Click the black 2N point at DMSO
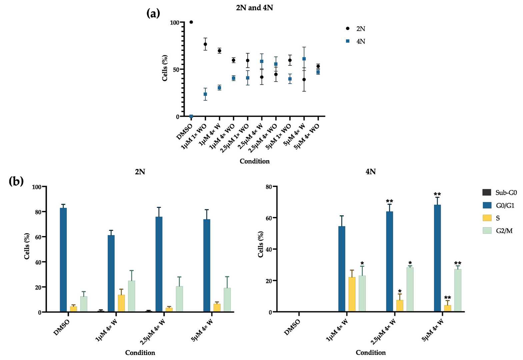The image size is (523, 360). click(191, 22)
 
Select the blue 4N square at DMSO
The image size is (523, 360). click(191, 116)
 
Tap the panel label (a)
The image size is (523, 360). click(153, 13)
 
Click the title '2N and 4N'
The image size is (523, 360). click(254, 8)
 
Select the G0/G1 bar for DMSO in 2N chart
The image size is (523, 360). click(63, 260)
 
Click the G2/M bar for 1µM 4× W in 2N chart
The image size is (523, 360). click(131, 296)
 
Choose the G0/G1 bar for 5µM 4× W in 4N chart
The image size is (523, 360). click(437, 258)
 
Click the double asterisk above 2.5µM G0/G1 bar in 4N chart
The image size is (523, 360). click(389, 201)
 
